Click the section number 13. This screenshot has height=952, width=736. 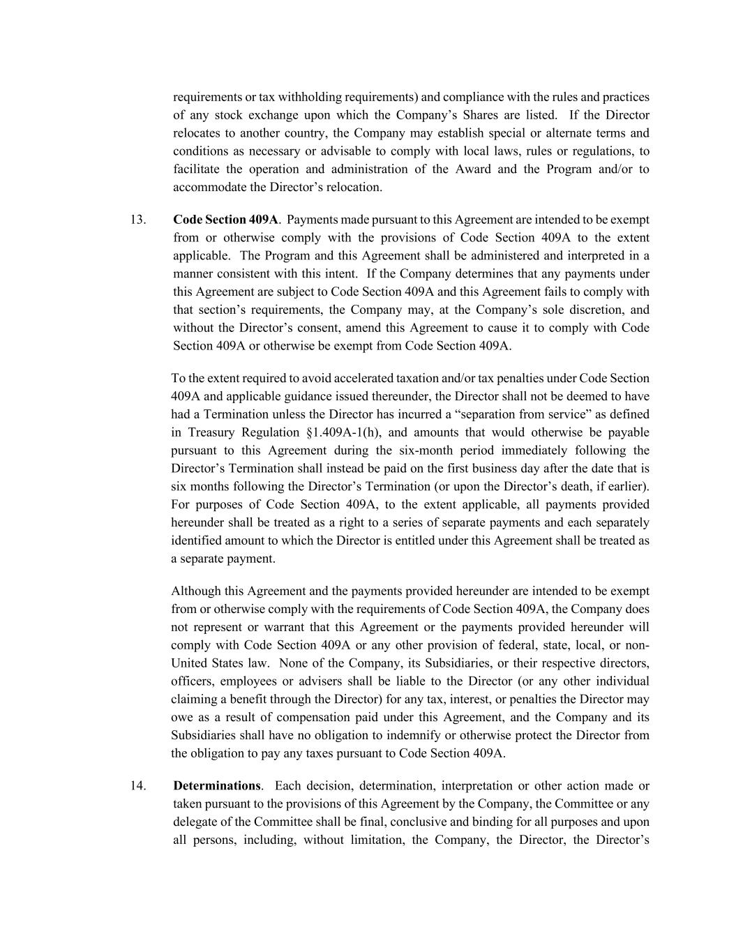pyautogui.click(x=137, y=220)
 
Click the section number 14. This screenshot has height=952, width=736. pyautogui.click(x=137, y=786)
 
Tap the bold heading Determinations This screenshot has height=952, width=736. pyautogui.click(x=216, y=786)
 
